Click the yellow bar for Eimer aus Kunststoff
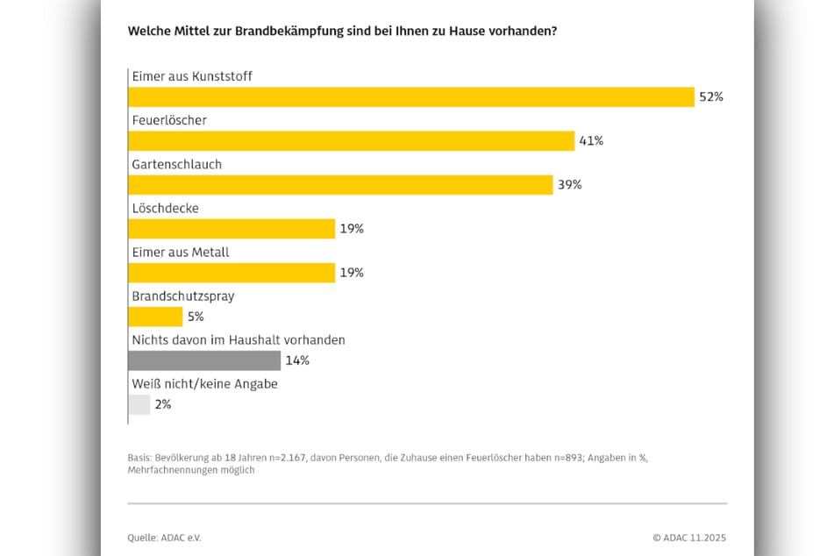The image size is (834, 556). pyautogui.click(x=410, y=96)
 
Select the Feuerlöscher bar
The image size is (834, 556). pyautogui.click(x=351, y=140)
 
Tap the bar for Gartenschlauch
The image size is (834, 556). pyautogui.click(x=340, y=184)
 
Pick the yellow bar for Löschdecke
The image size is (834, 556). pyautogui.click(x=232, y=229)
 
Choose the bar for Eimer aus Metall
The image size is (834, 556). pyautogui.click(x=232, y=273)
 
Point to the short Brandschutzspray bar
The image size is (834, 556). pyautogui.click(x=155, y=317)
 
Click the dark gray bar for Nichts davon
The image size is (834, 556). pyautogui.click(x=204, y=360)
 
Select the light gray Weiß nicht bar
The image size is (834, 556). pyautogui.click(x=139, y=404)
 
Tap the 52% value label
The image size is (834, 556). pyautogui.click(x=710, y=96)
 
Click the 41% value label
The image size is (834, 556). pyautogui.click(x=591, y=140)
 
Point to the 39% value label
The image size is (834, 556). pyautogui.click(x=569, y=184)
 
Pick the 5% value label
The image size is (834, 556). pyautogui.click(x=196, y=317)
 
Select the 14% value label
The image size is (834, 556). pyautogui.click(x=297, y=360)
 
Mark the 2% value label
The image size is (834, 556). pyautogui.click(x=162, y=404)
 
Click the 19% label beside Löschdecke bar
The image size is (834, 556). pyautogui.click(x=352, y=229)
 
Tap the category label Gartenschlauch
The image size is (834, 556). pyautogui.click(x=176, y=164)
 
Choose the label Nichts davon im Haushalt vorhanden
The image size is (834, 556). pyautogui.click(x=238, y=339)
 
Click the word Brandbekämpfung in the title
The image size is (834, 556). pyautogui.click(x=286, y=31)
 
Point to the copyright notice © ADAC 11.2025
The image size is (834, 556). pyautogui.click(x=688, y=538)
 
